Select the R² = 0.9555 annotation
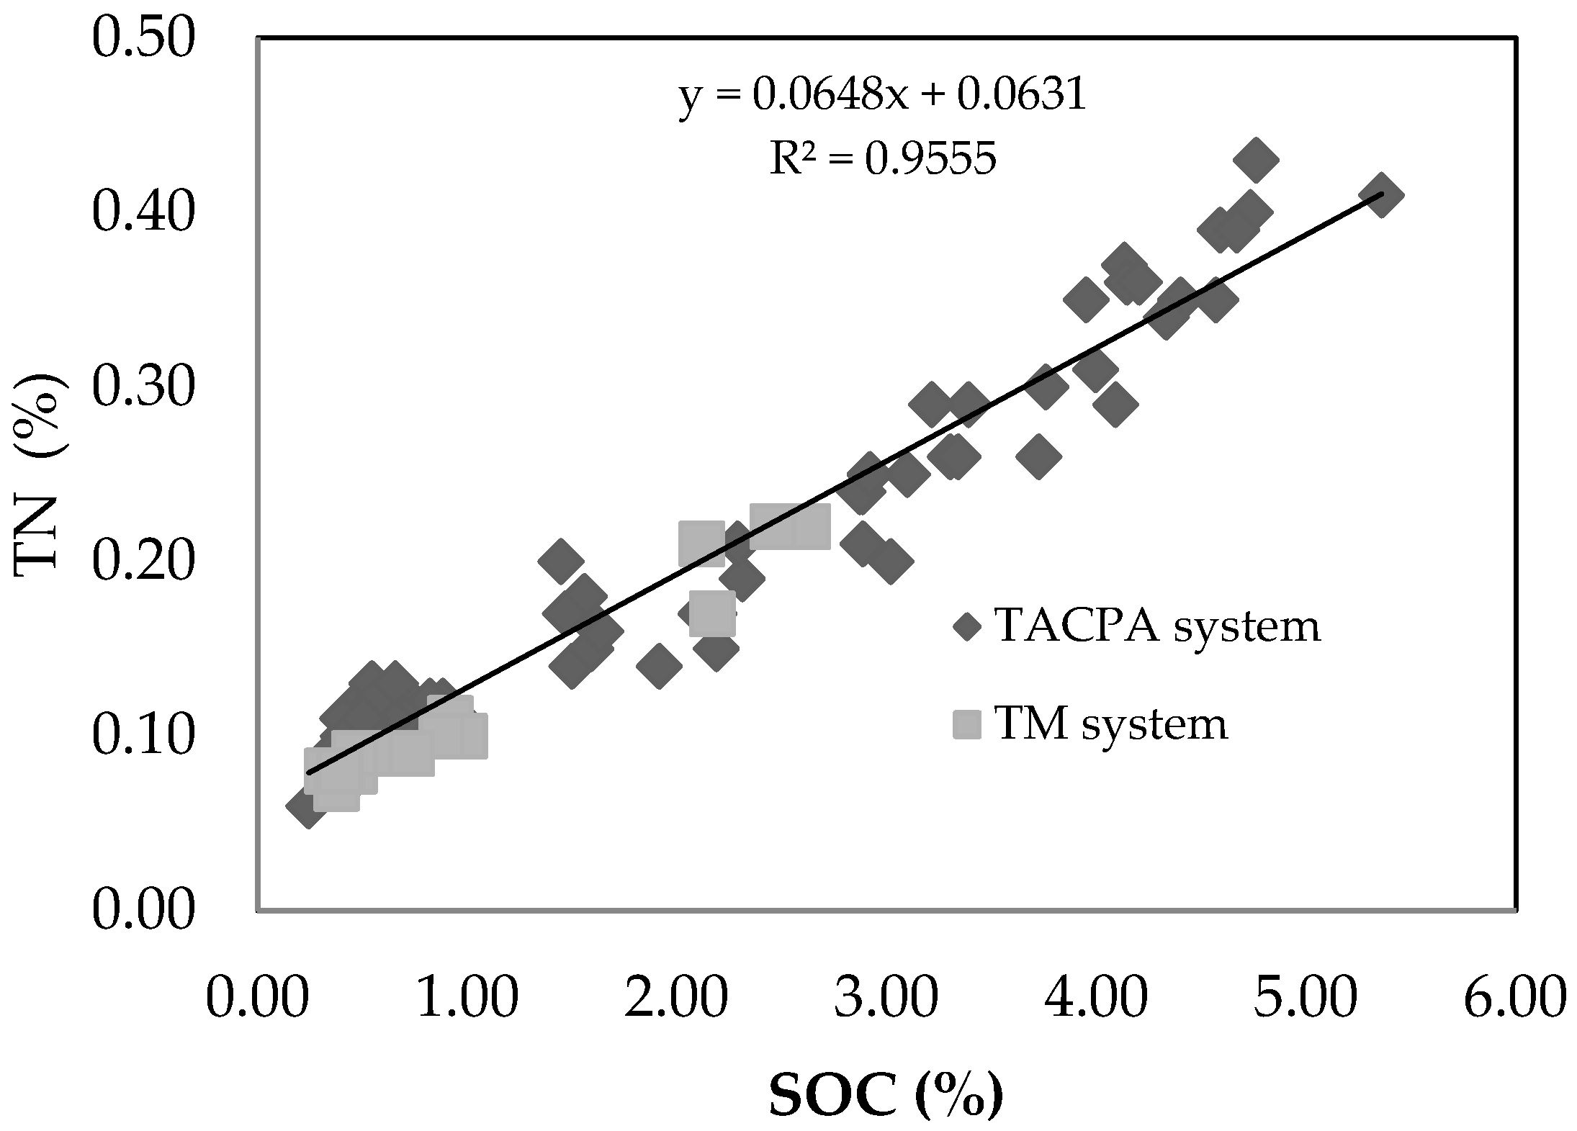[883, 158]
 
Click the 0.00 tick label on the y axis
[143, 910]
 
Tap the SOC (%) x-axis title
[886, 1098]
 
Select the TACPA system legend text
[1157, 626]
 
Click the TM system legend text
[1110, 724]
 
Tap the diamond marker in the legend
[967, 627]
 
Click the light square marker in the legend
[967, 724]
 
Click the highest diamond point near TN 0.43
[1255, 160]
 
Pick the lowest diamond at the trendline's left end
[307, 806]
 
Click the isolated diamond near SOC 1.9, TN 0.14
[659, 666]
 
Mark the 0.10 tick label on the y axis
[143, 736]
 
